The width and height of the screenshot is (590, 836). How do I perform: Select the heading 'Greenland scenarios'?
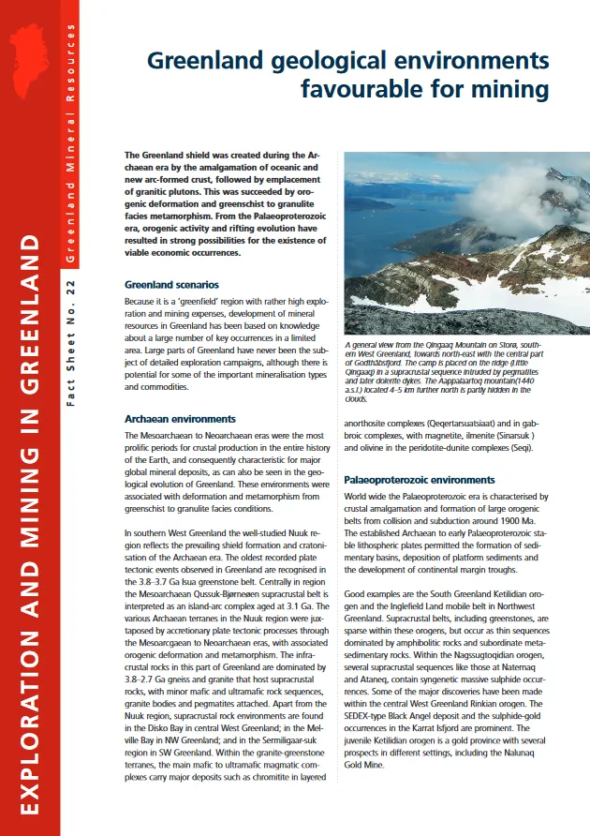point(171,283)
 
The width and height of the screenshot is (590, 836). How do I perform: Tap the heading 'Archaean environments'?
point(180,419)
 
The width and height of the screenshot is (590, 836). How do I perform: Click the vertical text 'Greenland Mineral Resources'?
point(71,150)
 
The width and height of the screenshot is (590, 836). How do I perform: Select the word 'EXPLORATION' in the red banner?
point(30,721)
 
